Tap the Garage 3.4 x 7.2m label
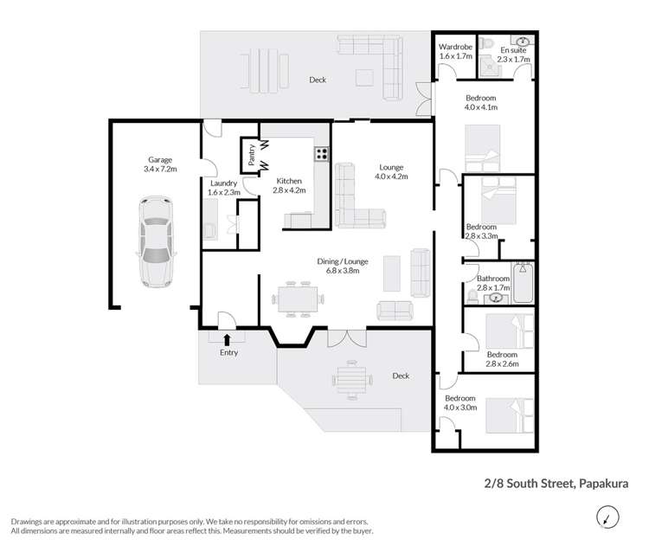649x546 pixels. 160,165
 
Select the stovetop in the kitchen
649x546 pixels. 320,155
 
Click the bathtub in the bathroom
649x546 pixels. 524,284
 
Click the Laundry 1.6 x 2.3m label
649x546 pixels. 224,188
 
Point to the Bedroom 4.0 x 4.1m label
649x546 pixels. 480,104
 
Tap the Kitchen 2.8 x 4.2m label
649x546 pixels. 288,185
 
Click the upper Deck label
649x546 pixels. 318,80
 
